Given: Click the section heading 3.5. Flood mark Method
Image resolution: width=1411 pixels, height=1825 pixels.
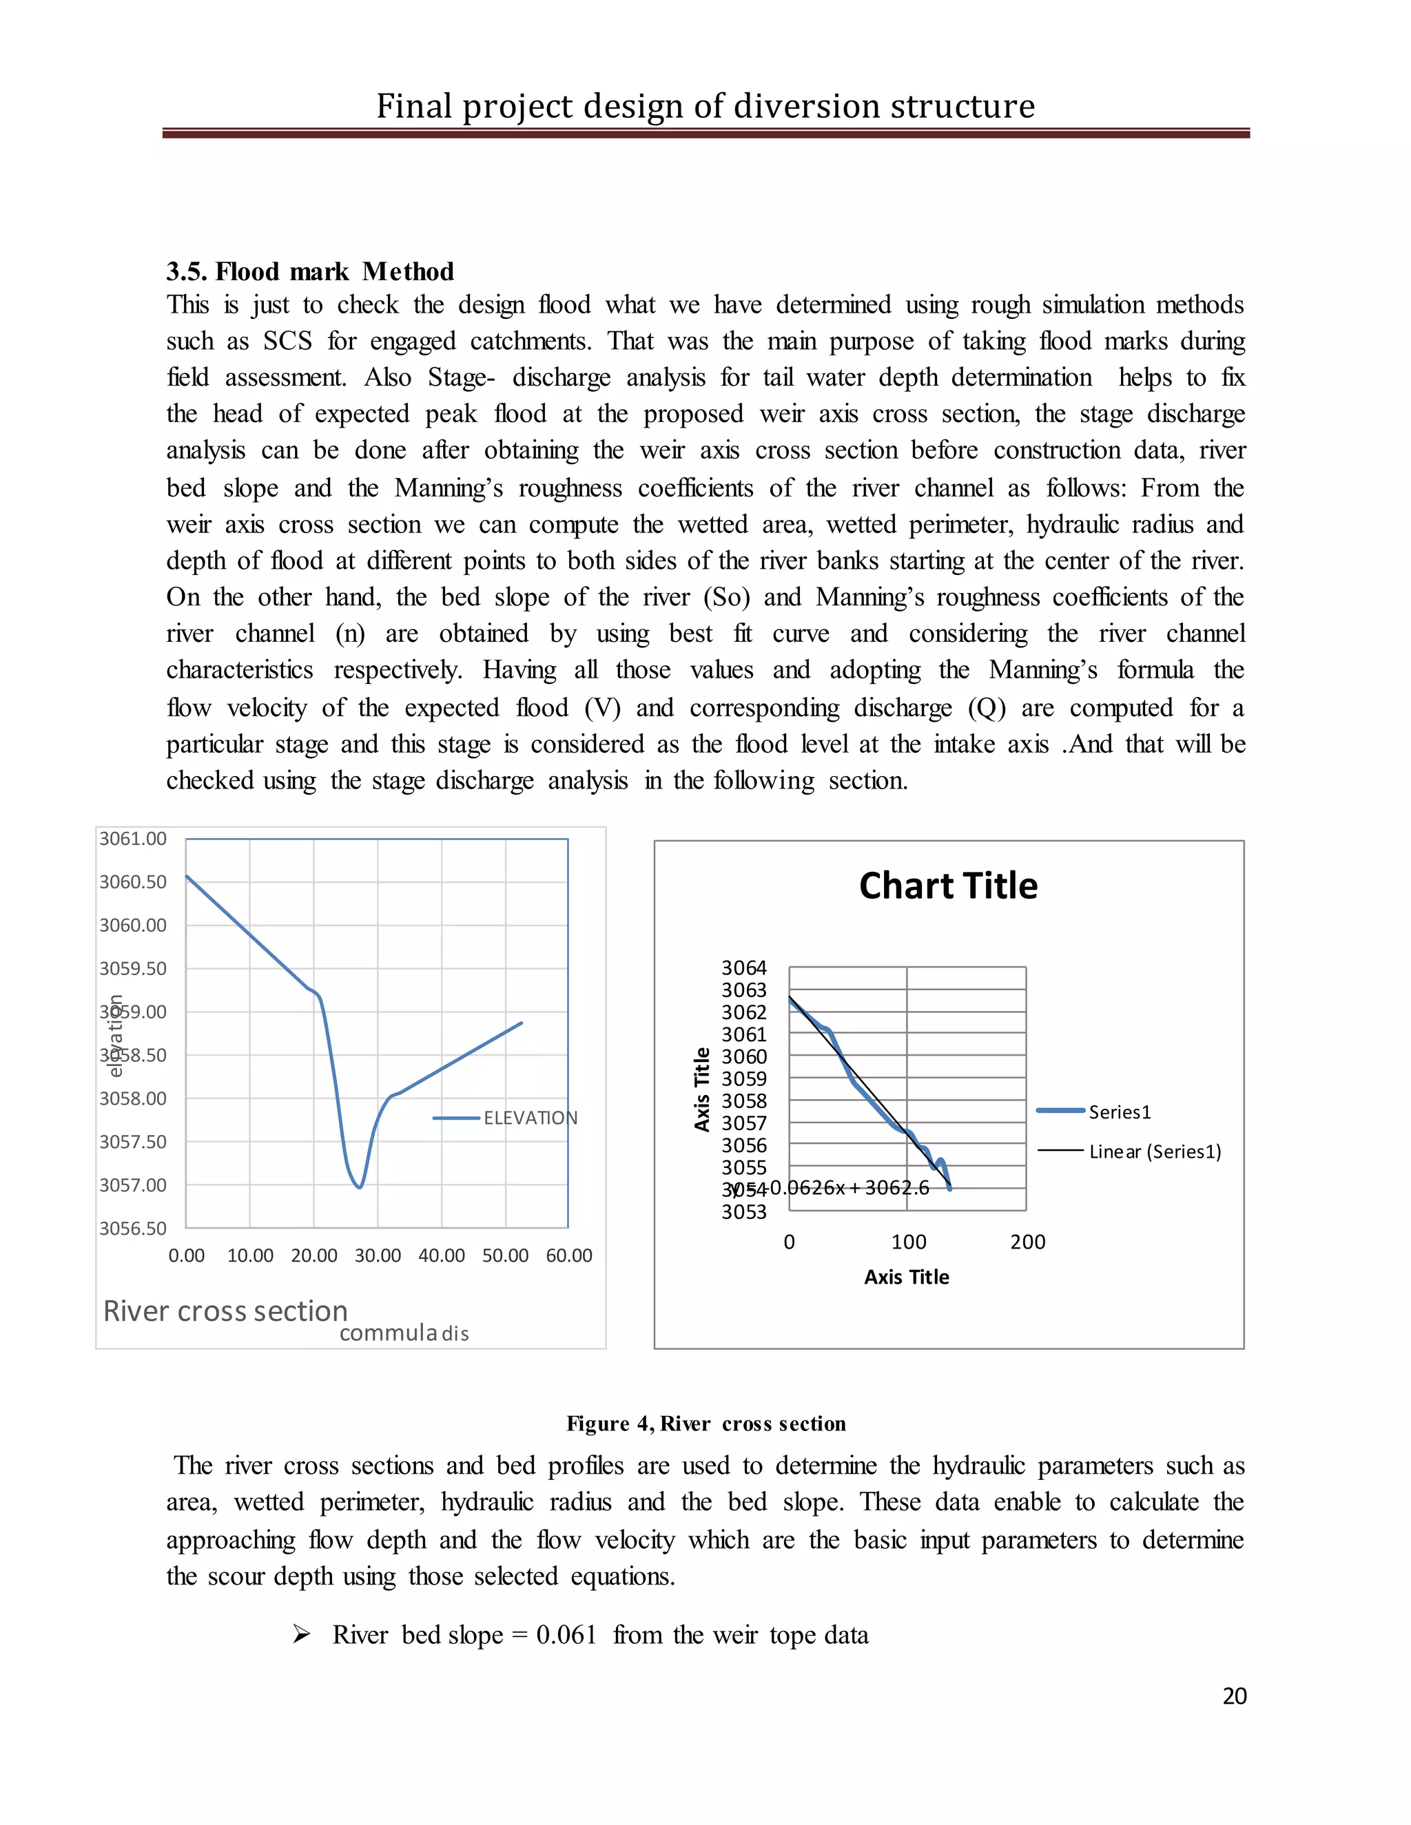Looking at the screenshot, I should click(x=310, y=271).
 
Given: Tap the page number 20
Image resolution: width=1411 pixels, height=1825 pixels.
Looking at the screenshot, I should click(x=1234, y=1696).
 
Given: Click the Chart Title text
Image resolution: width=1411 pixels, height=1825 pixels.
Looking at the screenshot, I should click(x=948, y=886).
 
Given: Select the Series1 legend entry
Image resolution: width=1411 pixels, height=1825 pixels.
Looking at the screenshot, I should click(x=1120, y=1112).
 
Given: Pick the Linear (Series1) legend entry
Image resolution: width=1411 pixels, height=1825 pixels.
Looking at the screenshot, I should click(x=1155, y=1151).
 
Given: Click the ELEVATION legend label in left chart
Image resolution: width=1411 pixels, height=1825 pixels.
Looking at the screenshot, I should click(x=530, y=1118).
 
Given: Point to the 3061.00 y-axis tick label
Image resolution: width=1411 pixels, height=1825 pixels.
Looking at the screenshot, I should click(x=133, y=838).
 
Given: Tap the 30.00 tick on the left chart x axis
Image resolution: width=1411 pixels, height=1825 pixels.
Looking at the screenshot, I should click(x=378, y=1255).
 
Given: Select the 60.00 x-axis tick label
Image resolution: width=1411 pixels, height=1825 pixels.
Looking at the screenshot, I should click(x=568, y=1255).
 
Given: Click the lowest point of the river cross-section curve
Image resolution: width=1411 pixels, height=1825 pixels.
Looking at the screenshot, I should click(x=360, y=1187).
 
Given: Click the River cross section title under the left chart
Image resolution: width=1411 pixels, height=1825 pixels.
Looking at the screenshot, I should click(x=225, y=1311).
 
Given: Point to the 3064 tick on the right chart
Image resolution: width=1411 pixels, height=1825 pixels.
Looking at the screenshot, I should click(x=743, y=968).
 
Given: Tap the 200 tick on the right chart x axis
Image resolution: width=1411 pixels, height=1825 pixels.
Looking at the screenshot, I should click(x=1027, y=1242).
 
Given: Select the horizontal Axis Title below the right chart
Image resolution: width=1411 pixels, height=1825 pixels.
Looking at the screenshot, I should click(x=906, y=1277).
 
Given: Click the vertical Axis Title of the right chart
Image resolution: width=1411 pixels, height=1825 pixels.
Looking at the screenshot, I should click(x=702, y=1089).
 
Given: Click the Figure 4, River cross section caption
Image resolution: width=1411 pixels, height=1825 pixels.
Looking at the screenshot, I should click(x=706, y=1423).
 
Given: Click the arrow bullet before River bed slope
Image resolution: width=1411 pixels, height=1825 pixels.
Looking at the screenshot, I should click(x=302, y=1634).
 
